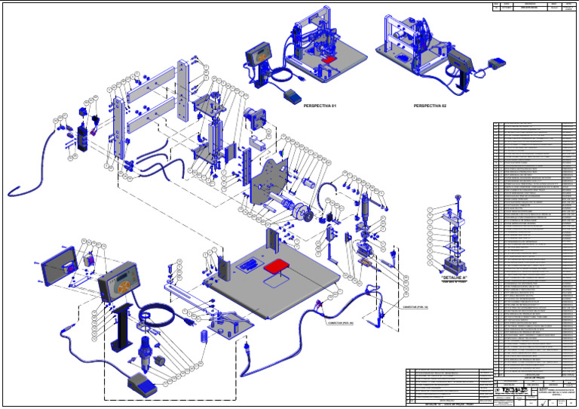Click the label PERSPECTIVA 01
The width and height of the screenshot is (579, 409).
pyautogui.click(x=319, y=106)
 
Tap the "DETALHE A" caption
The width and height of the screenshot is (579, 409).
pyautogui.click(x=454, y=278)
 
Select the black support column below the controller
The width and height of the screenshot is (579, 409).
pyautogui.click(x=122, y=328)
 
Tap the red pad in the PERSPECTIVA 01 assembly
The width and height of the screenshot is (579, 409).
pyautogui.click(x=329, y=57)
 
